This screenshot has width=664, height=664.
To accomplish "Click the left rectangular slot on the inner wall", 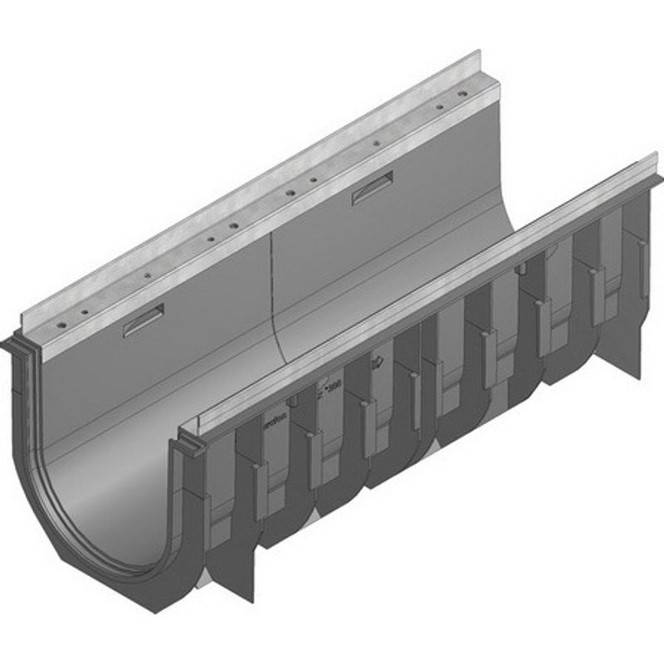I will pos(144,320).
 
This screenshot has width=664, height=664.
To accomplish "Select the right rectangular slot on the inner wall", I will pos(372,188).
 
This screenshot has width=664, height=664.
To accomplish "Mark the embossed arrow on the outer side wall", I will pos(378,363).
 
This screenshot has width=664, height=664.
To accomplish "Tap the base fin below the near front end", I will pos(241,585).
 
